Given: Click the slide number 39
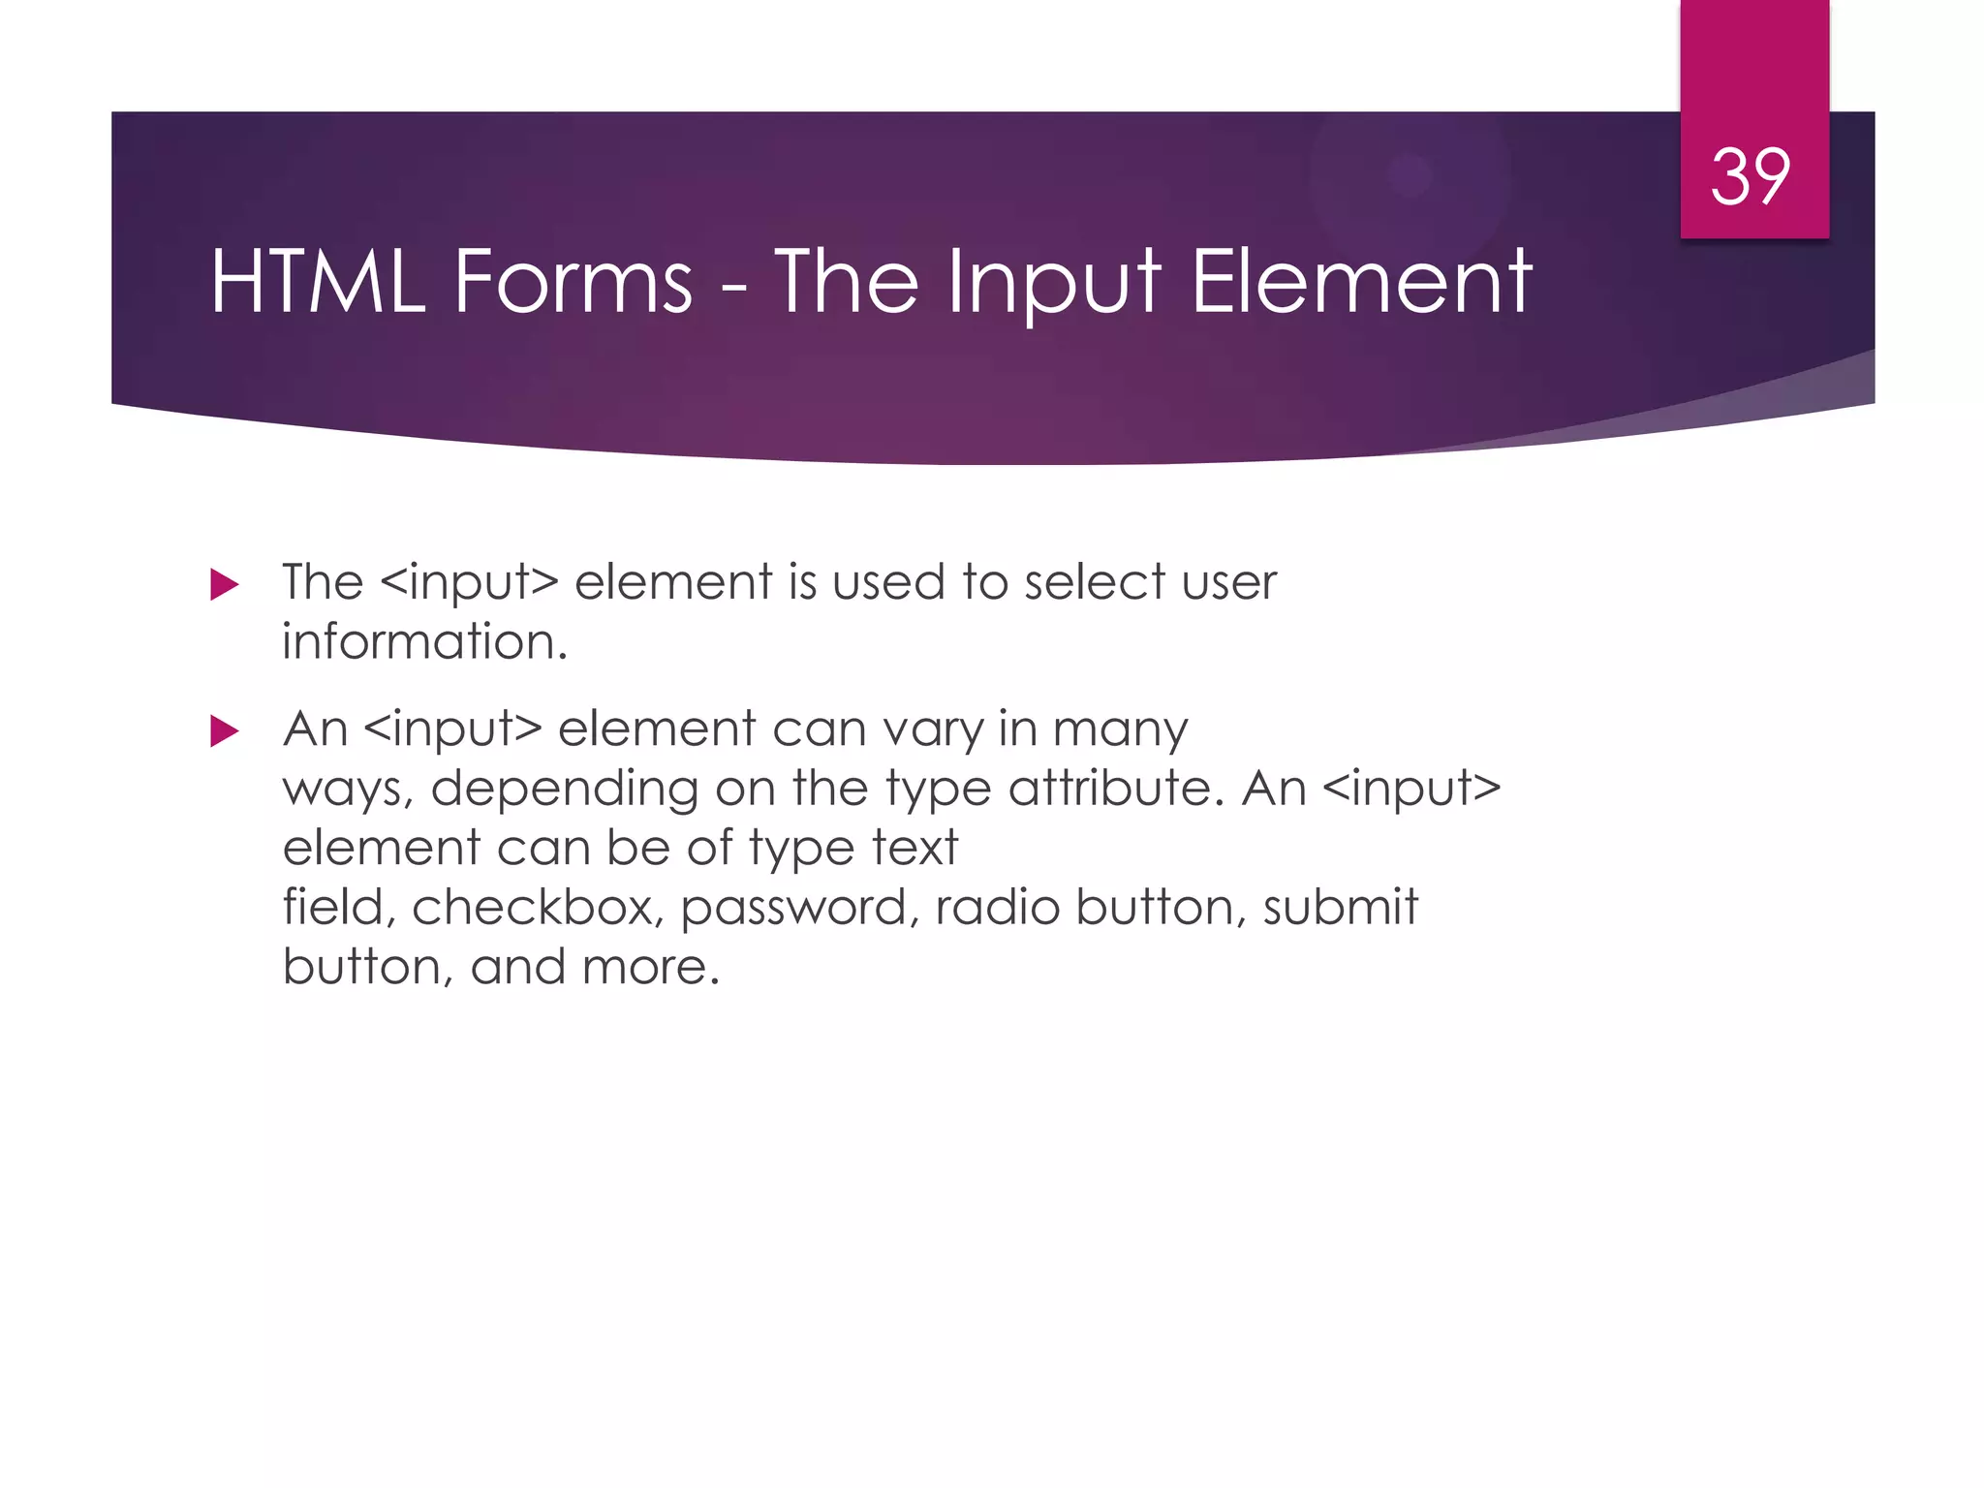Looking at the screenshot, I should pos(1751,177).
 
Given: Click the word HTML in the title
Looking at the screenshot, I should pos(318,282).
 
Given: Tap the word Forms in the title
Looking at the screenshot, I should pos(573,282).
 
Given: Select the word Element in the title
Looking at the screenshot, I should pos(1361,282).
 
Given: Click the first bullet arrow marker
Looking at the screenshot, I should pos(224,585).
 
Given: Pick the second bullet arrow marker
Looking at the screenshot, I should pos(224,731).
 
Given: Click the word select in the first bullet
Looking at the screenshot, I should pos(1095,583).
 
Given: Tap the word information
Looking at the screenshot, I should pos(424,642).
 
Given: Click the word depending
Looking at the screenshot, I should pos(564,790).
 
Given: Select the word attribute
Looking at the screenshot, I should pos(1110,788).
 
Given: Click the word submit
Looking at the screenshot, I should pos(1340,908).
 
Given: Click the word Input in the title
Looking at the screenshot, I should pos(1054,282).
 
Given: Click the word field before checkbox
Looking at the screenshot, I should pos(339,908).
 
